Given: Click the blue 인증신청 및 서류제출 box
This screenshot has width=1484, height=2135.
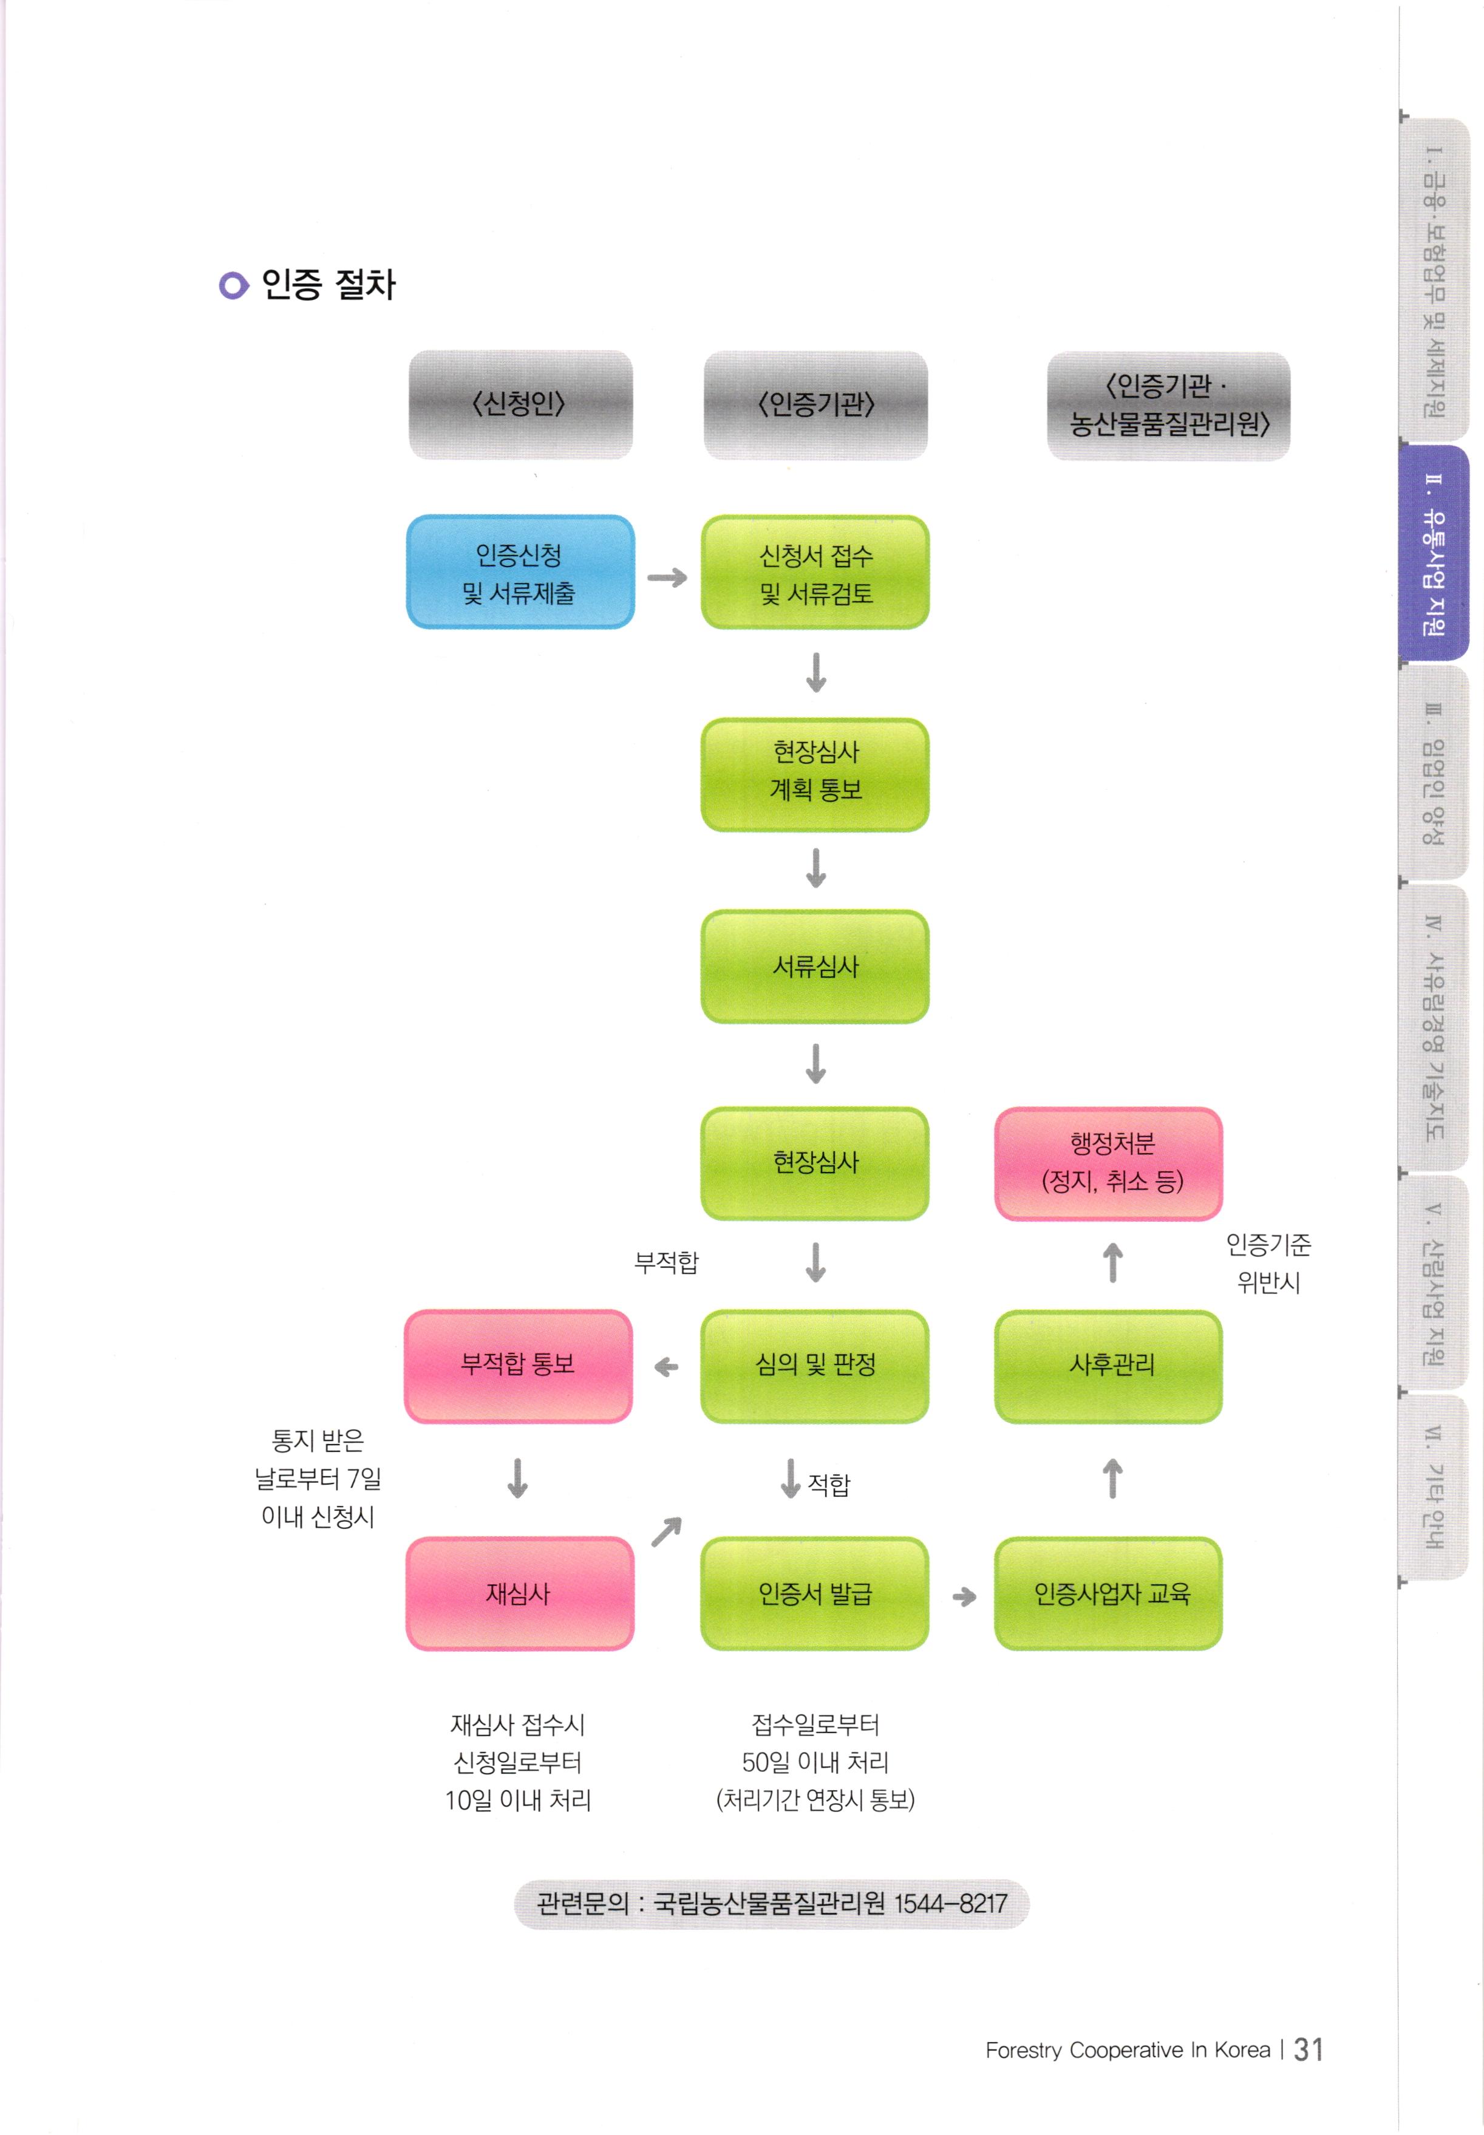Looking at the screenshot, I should (x=520, y=572).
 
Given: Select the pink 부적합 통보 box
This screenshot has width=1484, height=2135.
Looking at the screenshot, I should (x=518, y=1365).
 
